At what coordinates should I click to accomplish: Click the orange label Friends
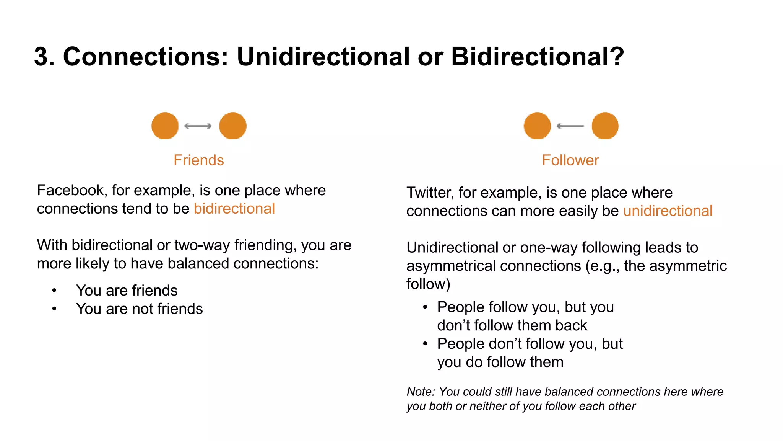coord(198,160)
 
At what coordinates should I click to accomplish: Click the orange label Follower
coord(570,160)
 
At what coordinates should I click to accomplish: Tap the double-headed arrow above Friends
coord(198,126)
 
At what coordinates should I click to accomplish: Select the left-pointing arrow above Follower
coord(570,126)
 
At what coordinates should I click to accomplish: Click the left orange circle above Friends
coord(165,126)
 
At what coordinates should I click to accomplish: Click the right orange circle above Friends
coord(233,126)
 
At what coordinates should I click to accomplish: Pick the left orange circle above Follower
coord(537,126)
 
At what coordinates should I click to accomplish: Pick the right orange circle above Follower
coord(605,126)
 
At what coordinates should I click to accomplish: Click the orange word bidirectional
coord(234,209)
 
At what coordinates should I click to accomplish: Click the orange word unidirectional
coord(668,211)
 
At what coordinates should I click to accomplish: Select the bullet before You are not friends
coord(54,309)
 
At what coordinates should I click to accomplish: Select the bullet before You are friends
coord(54,291)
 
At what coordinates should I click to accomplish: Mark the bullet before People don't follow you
coord(425,344)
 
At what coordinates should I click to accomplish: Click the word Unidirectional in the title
coord(323,57)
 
